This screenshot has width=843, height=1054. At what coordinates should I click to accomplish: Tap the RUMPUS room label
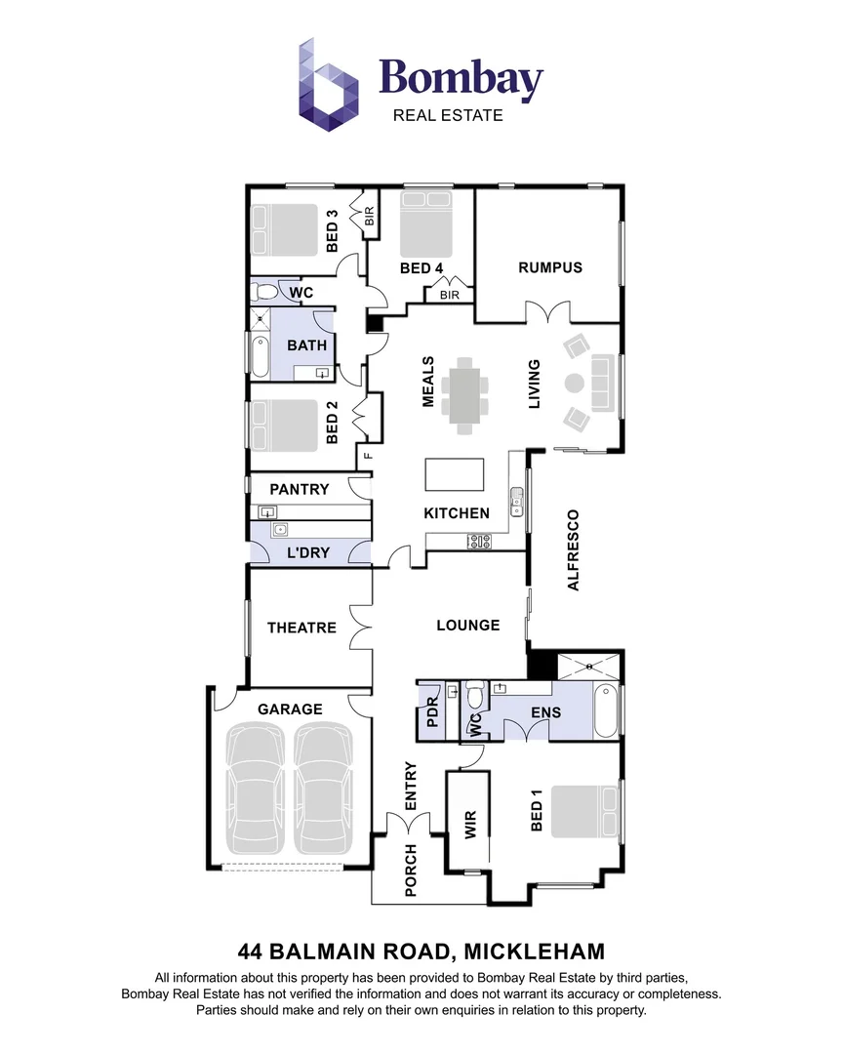coord(550,267)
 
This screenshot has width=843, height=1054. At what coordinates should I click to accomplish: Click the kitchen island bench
coord(454,475)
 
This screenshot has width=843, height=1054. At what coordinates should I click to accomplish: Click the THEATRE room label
coord(301,628)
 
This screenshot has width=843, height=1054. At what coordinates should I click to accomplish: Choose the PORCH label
coord(411,871)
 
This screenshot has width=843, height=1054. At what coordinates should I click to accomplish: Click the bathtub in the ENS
coord(605,713)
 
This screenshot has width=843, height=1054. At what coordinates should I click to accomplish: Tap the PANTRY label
coord(299,489)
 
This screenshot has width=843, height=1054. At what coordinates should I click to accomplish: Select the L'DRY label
coord(307,552)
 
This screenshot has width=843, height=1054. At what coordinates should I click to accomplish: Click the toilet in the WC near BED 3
coord(264,292)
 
